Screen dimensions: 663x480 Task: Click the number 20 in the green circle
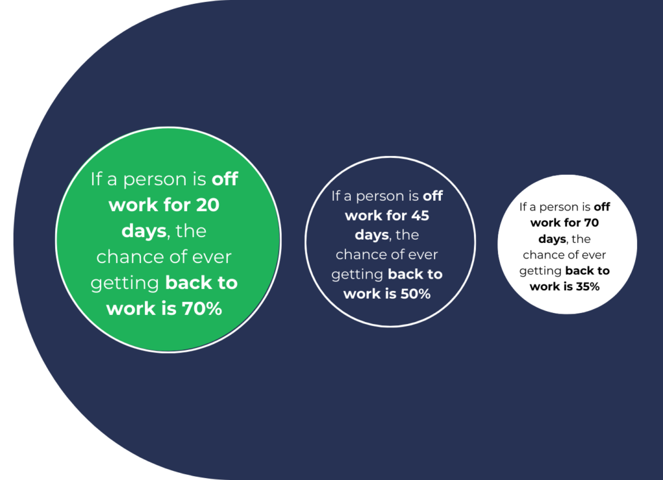208,205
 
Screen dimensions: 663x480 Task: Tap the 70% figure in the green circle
202,309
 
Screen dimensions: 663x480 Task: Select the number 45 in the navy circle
420,216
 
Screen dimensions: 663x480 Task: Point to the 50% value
415,293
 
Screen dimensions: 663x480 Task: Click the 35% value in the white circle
587,287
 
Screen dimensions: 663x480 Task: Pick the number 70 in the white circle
592,223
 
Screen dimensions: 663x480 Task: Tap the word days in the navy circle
372,235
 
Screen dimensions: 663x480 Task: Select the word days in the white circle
552,240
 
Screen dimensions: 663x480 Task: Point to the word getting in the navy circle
357,275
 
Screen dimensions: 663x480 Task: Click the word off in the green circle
225,179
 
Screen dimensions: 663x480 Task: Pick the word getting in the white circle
541,271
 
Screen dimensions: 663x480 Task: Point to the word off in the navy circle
433,196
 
